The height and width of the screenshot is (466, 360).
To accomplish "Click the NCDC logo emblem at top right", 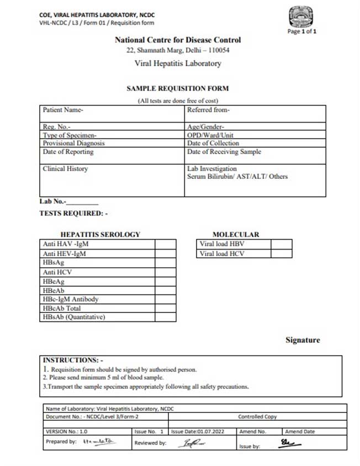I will (302, 17).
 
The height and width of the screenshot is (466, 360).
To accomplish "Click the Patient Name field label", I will (63, 110).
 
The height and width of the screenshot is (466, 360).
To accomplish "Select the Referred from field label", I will (208, 110).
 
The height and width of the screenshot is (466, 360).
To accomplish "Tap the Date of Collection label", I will (213, 144).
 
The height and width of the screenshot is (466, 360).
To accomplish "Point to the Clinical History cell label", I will (65, 169).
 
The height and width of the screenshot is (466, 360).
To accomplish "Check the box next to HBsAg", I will (165, 263).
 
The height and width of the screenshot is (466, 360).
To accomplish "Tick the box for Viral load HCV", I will (281, 254).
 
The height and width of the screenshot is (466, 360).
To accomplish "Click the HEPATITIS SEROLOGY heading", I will (100, 234).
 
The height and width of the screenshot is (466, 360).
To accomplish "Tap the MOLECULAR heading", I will (236, 234).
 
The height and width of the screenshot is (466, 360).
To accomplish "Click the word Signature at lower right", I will (303, 340).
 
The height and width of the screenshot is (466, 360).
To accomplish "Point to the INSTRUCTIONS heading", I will (69, 360).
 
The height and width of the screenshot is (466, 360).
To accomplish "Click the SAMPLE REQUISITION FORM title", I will (177, 88).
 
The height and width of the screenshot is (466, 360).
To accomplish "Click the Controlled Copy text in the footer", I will (257, 417).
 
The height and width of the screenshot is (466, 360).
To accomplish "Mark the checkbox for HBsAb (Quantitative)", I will (165, 317).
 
